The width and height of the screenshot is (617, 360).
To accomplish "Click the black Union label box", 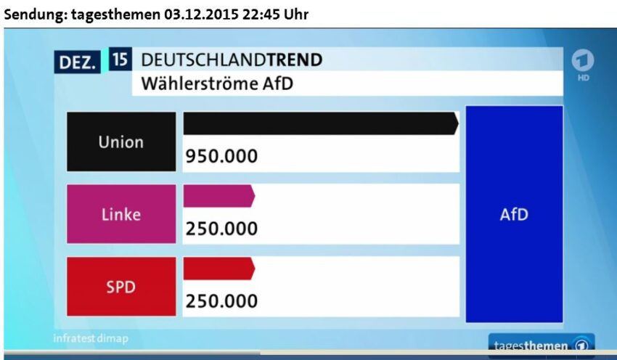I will [121, 142].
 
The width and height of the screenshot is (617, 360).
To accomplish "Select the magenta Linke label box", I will [121, 214].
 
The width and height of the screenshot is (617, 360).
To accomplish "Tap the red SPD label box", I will [121, 286].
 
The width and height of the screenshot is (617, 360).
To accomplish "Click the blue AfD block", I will [514, 214].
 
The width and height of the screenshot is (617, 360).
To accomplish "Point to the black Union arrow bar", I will [320, 123].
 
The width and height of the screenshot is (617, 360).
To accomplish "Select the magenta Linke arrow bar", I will [218, 196].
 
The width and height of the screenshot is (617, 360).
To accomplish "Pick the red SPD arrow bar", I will [218, 268].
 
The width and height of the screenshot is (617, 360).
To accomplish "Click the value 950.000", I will [222, 157].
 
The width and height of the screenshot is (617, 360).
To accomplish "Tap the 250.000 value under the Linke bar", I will [222, 229].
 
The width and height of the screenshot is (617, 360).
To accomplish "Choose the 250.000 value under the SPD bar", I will [222, 300].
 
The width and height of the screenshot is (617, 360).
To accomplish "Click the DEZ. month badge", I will [76, 62].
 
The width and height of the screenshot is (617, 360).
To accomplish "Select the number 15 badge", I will [120, 60].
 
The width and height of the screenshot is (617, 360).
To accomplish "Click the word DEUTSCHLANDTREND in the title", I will [232, 60].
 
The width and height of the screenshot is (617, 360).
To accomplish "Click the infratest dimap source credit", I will [85, 339].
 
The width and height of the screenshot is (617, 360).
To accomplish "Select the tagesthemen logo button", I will [542, 345].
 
